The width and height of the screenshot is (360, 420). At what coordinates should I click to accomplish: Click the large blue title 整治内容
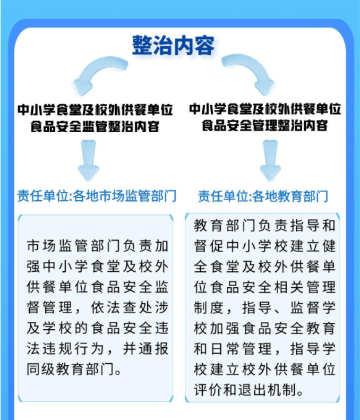173,45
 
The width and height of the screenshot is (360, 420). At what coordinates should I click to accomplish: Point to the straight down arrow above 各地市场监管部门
88,160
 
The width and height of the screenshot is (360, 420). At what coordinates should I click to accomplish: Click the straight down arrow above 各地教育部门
270,160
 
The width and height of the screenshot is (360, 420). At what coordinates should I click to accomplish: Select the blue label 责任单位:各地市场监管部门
97,196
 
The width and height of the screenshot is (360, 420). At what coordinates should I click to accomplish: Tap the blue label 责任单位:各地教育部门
263,196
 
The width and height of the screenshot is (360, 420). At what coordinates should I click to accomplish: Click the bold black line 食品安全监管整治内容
95,126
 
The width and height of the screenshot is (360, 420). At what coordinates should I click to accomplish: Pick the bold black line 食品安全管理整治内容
264,126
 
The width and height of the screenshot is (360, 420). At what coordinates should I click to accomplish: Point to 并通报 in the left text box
145,348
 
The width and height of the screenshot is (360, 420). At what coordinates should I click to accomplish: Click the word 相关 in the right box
289,287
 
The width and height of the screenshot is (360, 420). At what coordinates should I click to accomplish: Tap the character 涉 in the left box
162,307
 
